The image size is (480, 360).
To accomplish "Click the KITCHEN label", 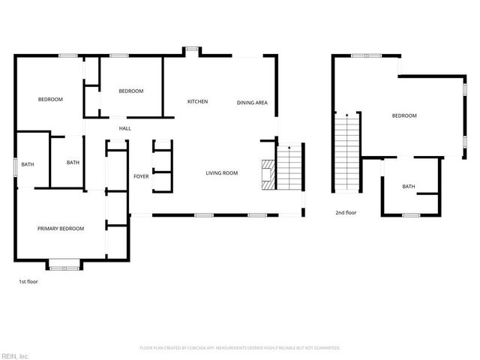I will coord(197,102).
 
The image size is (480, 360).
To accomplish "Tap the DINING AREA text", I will coord(252,103).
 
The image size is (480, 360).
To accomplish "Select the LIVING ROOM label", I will coord(222,173).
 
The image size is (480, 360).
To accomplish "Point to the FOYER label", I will coord(141,176).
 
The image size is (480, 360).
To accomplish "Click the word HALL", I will coord(124,129).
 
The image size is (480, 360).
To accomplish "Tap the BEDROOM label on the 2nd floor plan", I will coord(404,115).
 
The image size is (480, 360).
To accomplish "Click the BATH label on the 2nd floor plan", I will coord(409,187).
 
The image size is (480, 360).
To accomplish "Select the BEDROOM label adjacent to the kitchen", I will coord(131,91).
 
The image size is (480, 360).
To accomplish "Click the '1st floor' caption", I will coord(28,282).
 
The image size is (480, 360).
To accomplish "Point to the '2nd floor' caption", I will coord(346,213).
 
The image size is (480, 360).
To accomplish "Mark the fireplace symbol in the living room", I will coord(267,173).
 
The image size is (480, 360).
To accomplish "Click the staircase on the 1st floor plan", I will coord(289,166).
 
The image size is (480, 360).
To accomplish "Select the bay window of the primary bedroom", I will coord(63,263).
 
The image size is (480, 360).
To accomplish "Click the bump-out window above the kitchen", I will coord(193,50).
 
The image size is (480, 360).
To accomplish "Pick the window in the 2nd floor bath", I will coord(410,215).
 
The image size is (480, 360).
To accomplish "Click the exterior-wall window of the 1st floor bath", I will coord(14,165).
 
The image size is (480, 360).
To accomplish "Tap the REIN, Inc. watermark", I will coord(14,355).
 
